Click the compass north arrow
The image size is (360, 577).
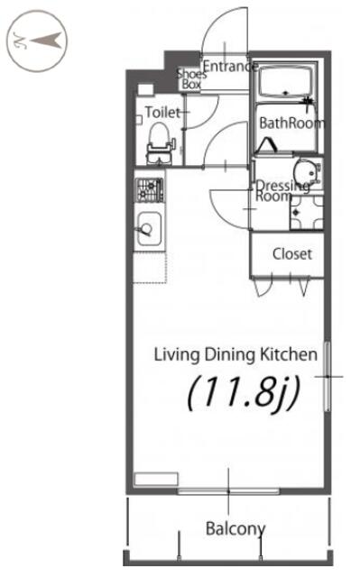point(47,40)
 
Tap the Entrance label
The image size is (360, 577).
point(230,66)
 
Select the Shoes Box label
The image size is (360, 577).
point(191,78)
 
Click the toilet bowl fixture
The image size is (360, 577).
point(159,143)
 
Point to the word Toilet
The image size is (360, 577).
point(162,112)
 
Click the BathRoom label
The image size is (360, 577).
point(292,123)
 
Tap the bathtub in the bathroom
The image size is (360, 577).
point(287,82)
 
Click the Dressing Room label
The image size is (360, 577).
point(282,190)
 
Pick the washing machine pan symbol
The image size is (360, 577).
point(307,213)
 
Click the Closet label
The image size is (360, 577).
point(292,254)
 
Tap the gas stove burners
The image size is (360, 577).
point(150,190)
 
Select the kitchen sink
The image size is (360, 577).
point(149,230)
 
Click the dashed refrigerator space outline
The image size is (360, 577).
point(150,268)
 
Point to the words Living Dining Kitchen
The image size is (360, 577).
point(235,354)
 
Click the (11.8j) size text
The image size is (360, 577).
point(244,393)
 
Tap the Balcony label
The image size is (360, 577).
point(235,529)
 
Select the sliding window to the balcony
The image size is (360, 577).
point(228,490)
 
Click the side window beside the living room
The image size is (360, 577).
point(327,377)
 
